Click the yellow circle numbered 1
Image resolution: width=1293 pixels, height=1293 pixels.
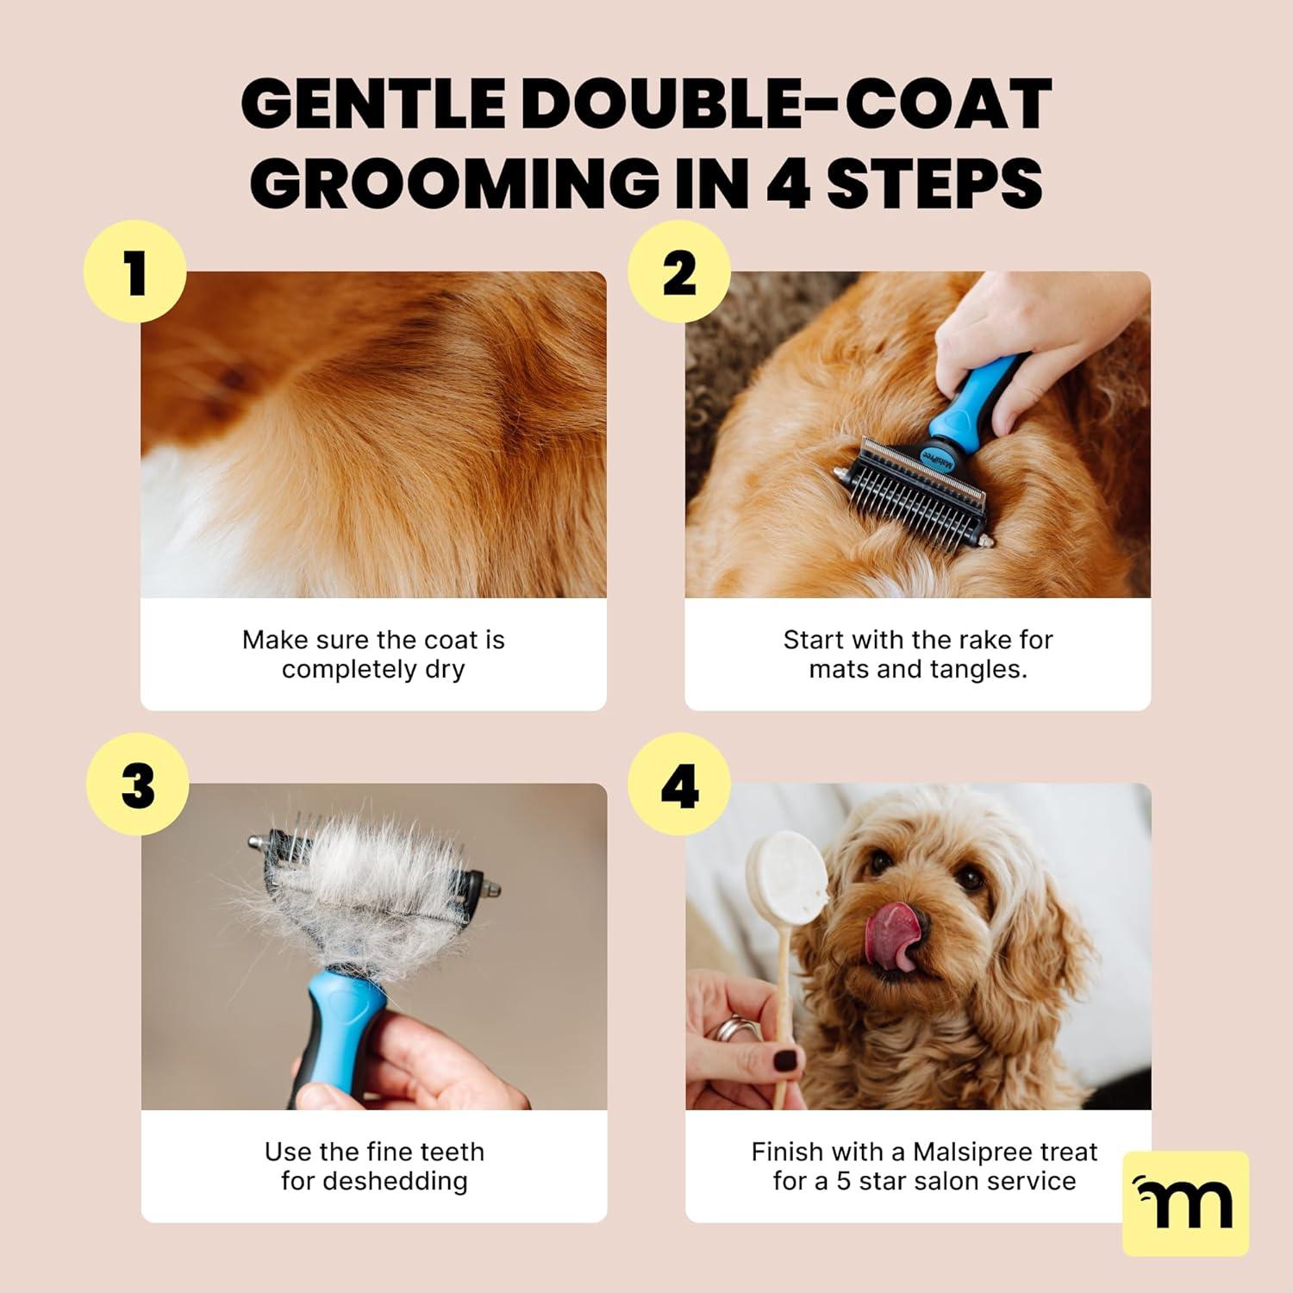(x=135, y=272)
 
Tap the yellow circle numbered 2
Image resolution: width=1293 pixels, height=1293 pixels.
(x=679, y=272)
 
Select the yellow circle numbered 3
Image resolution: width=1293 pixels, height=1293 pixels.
(x=138, y=784)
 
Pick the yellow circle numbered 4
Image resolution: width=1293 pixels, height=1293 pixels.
(x=679, y=784)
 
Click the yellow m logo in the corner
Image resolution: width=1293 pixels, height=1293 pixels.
(x=1185, y=1203)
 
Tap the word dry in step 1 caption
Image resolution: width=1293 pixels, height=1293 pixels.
(x=444, y=670)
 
